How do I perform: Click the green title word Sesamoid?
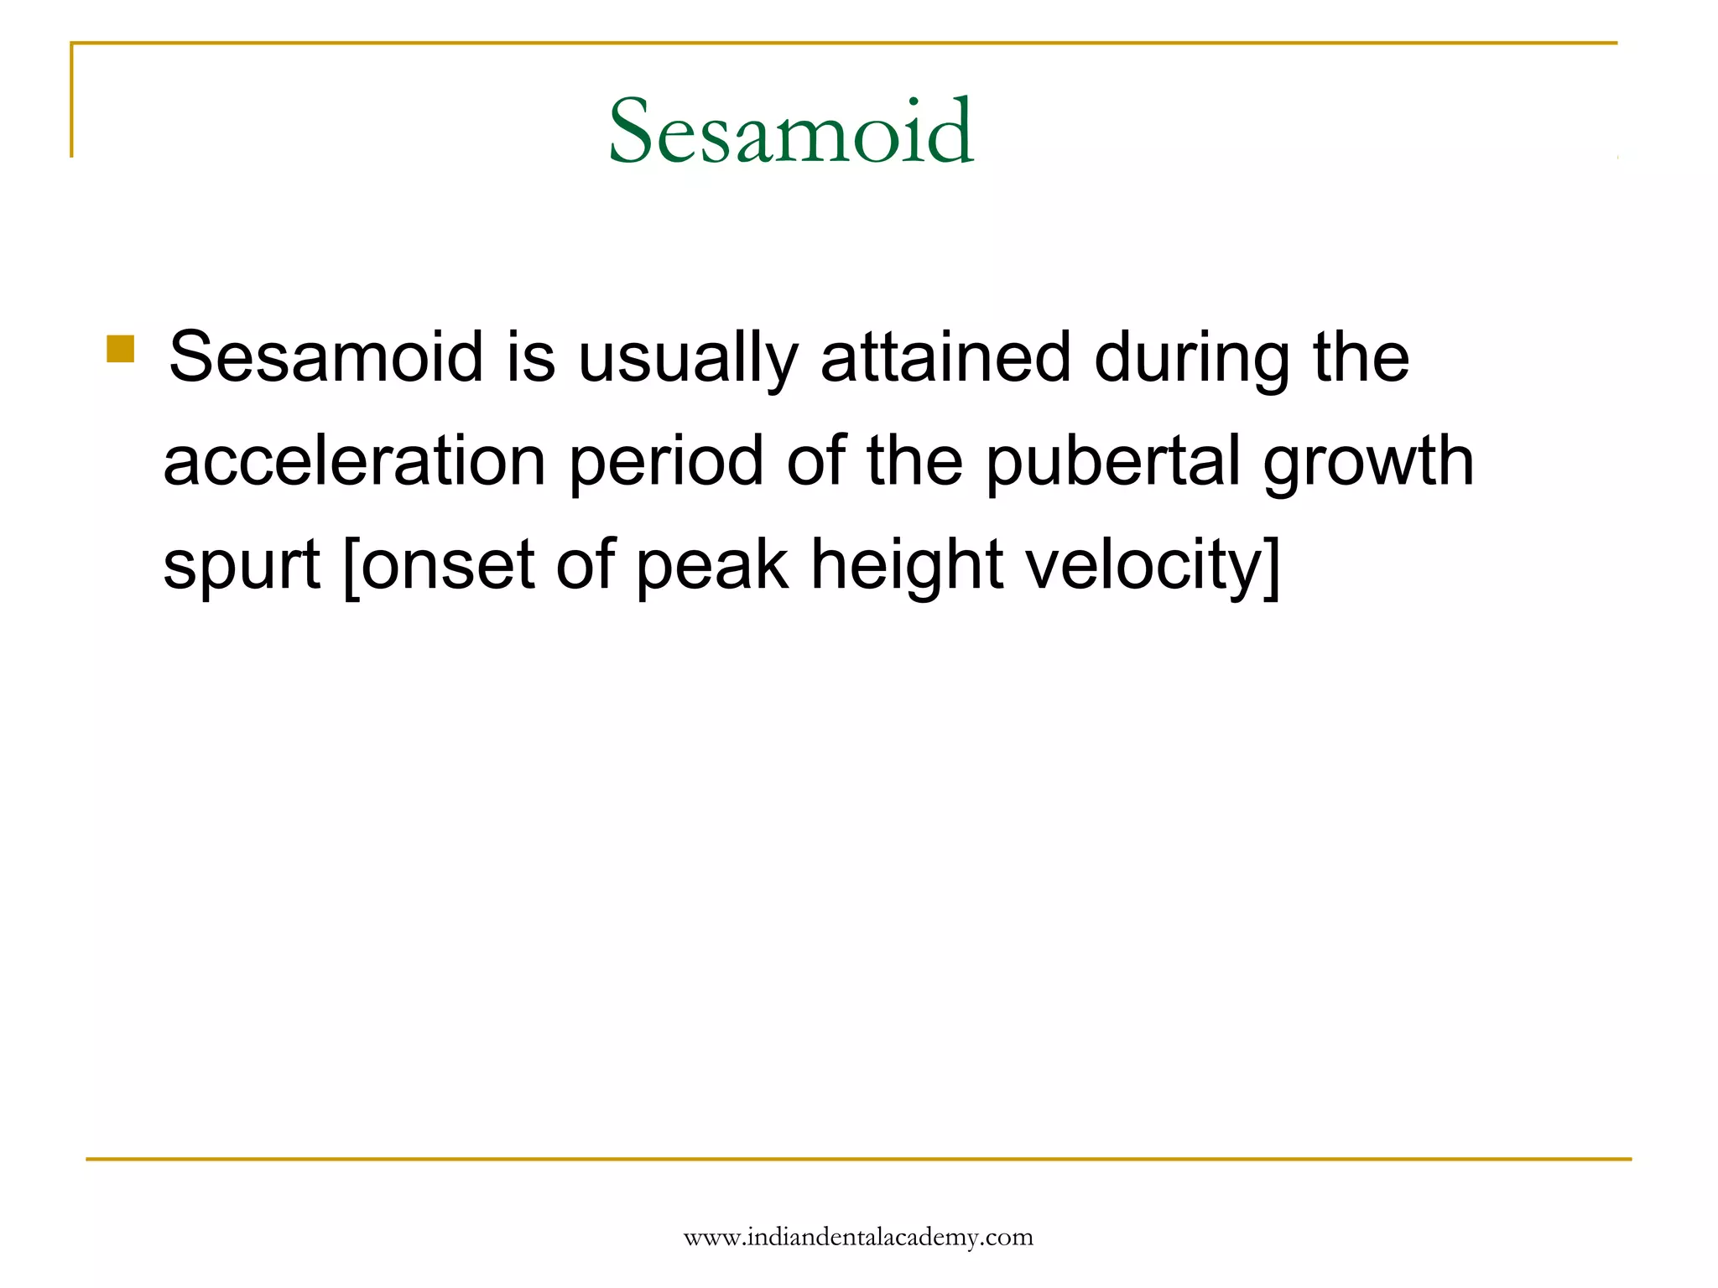click(x=790, y=131)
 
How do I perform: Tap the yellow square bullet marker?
click(x=121, y=349)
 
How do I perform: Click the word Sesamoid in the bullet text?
click(x=326, y=357)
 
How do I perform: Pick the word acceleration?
click(x=354, y=461)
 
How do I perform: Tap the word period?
click(x=665, y=463)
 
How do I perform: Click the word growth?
click(x=1368, y=463)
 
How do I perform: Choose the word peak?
click(x=712, y=565)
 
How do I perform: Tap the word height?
click(x=906, y=565)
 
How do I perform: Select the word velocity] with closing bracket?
click(x=1153, y=565)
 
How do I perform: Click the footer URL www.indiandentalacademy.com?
click(x=858, y=1238)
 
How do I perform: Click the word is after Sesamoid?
click(x=530, y=357)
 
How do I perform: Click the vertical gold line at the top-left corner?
click(x=71, y=101)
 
